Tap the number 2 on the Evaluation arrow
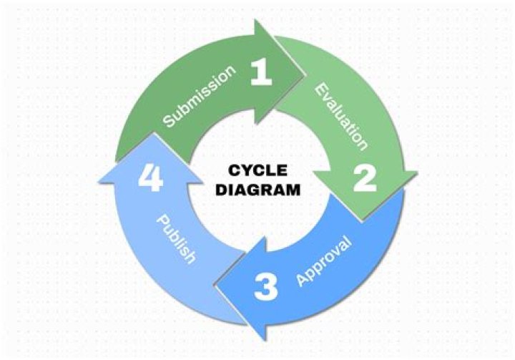point(365,178)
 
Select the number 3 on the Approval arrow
point(265,286)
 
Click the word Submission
point(200,97)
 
